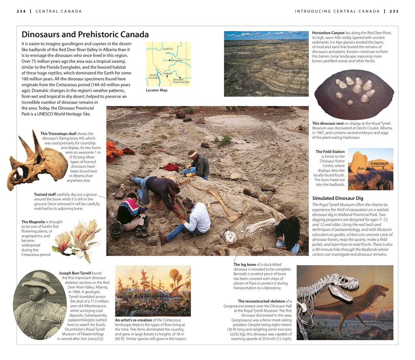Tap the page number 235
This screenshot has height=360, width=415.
(x=394, y=11)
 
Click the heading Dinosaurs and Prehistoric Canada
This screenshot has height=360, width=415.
(x=85, y=35)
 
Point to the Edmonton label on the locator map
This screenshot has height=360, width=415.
(x=177, y=61)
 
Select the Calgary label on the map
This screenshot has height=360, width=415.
(x=168, y=73)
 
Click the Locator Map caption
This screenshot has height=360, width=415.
(x=156, y=90)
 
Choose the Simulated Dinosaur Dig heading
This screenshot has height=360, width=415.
(x=338, y=198)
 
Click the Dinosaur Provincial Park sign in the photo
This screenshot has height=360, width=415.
(x=379, y=165)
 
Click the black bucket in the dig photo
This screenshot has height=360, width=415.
(x=116, y=229)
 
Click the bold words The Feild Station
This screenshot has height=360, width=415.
(x=330, y=152)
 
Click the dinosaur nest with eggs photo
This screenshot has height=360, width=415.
(x=354, y=94)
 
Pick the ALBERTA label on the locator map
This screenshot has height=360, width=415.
(x=168, y=49)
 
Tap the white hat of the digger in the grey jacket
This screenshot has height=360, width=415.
(x=192, y=153)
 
